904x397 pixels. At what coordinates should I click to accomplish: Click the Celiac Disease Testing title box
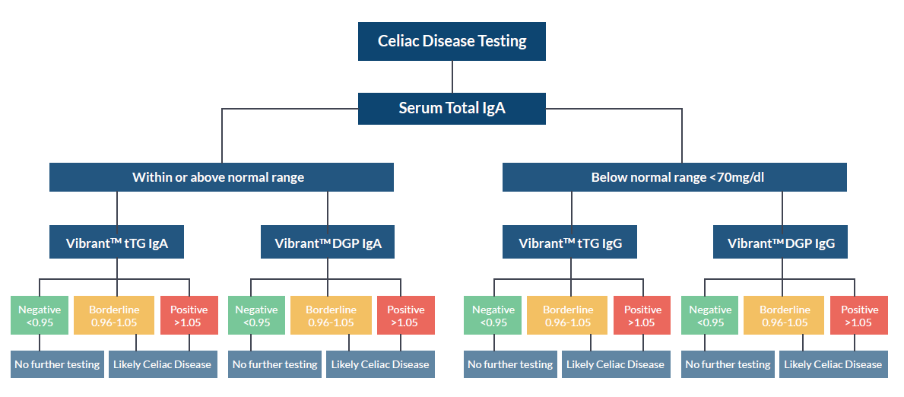[452, 41]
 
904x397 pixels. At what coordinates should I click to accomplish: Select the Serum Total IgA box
[452, 108]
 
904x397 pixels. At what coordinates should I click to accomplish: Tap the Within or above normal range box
[221, 177]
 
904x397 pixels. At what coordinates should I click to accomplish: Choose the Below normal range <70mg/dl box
[674, 177]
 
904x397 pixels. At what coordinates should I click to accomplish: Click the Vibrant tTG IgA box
[116, 243]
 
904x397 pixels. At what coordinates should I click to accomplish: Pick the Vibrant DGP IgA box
[328, 243]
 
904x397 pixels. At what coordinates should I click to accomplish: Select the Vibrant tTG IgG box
[569, 243]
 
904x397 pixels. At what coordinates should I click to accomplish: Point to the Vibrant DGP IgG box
[781, 243]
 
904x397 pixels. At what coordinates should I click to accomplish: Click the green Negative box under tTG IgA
[40, 316]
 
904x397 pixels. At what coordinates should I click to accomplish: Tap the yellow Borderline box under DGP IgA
[331, 316]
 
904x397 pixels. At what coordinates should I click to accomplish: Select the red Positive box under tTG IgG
[642, 316]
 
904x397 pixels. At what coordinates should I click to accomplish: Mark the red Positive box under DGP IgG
[859, 316]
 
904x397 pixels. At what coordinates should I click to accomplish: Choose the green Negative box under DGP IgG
[709, 316]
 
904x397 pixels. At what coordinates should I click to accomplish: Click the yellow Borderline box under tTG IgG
[567, 316]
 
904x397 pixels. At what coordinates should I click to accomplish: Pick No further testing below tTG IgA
[57, 364]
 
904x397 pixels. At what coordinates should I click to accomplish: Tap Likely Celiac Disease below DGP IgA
[380, 364]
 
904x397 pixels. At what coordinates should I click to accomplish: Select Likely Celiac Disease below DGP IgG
[833, 364]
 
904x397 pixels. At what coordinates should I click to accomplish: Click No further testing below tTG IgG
[510, 364]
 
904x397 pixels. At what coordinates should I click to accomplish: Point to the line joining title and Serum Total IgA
[452, 76]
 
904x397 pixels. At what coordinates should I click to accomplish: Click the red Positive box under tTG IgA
[189, 316]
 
